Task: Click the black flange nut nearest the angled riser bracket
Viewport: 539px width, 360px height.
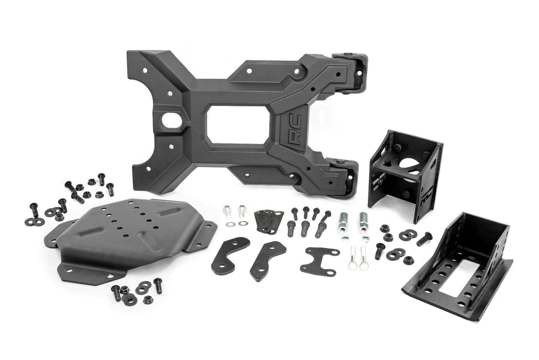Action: click(x=409, y=260)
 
